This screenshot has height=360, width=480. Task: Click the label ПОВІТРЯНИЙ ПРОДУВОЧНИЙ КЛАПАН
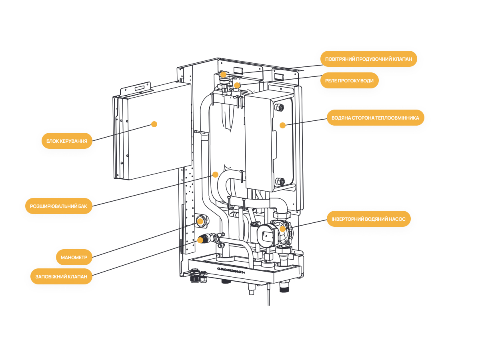click(x=368, y=59)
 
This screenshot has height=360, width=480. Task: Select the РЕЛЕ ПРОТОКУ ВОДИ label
click(x=349, y=80)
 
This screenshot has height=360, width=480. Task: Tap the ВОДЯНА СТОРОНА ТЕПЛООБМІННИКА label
click(x=375, y=118)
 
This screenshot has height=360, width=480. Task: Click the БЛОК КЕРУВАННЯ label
click(x=67, y=141)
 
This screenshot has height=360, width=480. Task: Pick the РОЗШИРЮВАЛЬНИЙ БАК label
click(x=58, y=206)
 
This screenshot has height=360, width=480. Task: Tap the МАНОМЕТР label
click(x=74, y=257)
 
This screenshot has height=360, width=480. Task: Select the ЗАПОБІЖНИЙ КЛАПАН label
click(x=61, y=276)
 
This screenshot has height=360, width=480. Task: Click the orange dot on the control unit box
click(x=154, y=124)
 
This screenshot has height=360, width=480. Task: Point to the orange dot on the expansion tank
click(x=215, y=174)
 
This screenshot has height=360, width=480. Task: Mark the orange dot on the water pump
click(x=282, y=229)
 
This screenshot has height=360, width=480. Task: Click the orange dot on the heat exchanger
click(x=282, y=125)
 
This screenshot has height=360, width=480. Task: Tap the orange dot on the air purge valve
click(x=223, y=74)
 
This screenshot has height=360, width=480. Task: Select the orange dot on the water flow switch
click(x=237, y=85)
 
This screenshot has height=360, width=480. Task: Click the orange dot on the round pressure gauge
click(x=200, y=221)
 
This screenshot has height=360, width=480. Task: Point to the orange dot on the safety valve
click(x=200, y=240)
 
